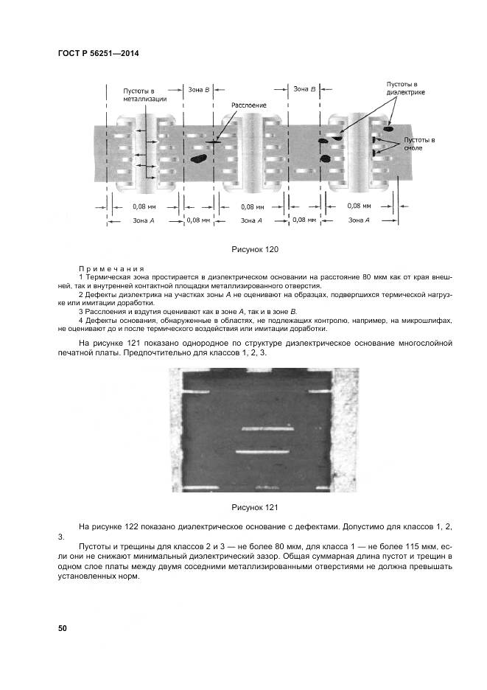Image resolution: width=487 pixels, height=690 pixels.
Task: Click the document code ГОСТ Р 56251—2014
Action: click(98, 53)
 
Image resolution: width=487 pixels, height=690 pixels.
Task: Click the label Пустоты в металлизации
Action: click(144, 94)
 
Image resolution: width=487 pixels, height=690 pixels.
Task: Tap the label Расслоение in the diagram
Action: click(248, 105)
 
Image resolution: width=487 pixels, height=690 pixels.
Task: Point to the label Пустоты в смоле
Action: click(418, 143)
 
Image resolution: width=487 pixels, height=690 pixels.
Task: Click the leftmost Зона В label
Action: click(199, 89)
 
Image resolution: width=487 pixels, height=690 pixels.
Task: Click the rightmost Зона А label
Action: click(359, 220)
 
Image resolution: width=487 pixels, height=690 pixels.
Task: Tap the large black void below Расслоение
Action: click(198, 157)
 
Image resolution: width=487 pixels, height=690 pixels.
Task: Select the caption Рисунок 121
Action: click(253, 507)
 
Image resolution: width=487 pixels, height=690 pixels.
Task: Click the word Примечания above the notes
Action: click(111, 269)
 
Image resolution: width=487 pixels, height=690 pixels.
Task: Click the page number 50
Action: click(62, 628)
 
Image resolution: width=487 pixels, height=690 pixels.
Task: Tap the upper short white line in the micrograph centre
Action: click(264, 428)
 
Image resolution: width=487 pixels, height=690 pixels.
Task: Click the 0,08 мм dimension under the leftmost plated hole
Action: click(143, 207)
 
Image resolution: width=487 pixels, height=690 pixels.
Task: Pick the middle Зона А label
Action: click(250, 220)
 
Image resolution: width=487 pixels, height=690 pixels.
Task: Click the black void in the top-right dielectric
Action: click(388, 118)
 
